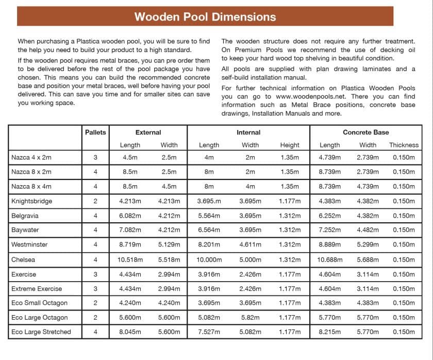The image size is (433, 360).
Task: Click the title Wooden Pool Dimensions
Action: tap(205, 17)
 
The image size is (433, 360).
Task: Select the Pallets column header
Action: tap(95, 133)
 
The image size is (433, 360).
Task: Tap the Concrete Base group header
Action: tap(365, 133)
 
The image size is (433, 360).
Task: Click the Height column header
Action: tap(290, 145)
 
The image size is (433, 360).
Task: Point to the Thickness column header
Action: tap(404, 145)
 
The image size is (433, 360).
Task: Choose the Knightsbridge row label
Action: tap(31, 201)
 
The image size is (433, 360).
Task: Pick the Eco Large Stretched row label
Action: tap(41, 332)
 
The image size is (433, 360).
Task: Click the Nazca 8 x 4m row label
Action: tap(31, 186)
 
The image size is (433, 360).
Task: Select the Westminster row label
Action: tap(30, 244)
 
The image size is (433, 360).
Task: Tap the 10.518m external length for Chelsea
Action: tap(130, 259)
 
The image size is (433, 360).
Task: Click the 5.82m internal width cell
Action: tap(251, 318)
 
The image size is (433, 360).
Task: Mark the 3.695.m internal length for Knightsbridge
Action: tap(209, 201)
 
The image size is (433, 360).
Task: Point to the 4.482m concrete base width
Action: tap(368, 230)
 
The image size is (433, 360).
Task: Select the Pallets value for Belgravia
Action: tap(95, 216)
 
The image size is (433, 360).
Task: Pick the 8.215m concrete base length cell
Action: tap(329, 332)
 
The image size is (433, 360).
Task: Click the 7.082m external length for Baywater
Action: tap(130, 230)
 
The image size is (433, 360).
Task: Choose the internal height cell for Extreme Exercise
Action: tap(290, 289)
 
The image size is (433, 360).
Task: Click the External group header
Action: tap(148, 133)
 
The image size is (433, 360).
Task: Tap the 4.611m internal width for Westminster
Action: tap(251, 245)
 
